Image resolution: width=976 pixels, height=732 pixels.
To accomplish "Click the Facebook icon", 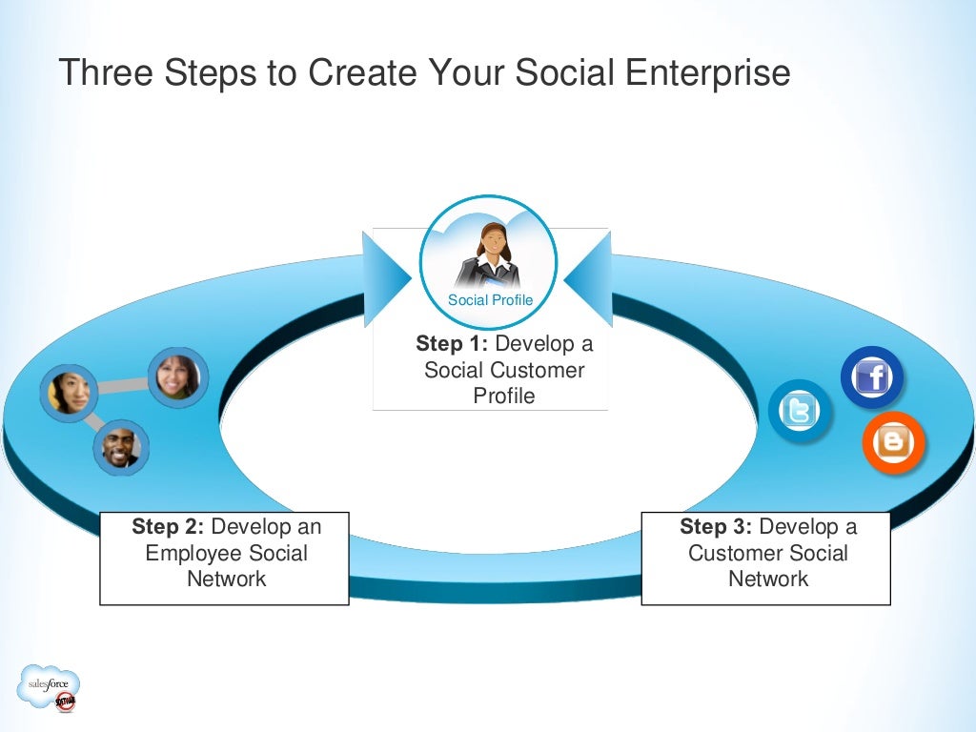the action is pos(872,378).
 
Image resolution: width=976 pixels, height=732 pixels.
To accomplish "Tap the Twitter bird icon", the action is pos(800,412).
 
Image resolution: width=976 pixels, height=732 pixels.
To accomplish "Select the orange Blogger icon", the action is pos(893,442).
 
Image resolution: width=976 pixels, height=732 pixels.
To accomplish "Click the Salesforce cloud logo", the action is pos(49,687).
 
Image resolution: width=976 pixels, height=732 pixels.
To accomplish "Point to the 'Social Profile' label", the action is pos(490,300).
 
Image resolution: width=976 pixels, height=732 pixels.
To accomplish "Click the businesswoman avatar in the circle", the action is pos(489,254).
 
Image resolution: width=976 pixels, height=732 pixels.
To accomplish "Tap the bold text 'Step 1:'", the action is pos(452,344).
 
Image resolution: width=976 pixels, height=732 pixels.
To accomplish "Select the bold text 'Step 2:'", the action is pos(168,527).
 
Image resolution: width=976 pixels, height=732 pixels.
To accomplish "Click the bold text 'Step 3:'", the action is pos(716,527).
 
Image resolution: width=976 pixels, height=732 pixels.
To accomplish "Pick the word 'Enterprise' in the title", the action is pos(701,73).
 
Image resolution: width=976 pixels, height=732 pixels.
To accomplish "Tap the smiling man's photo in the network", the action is pos(121,447).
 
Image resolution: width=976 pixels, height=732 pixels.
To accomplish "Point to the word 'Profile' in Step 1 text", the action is pos(504,396).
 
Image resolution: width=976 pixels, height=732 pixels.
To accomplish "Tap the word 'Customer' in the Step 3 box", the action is pos(729,553).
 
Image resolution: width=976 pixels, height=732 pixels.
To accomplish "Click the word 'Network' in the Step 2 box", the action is pos(226,579).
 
